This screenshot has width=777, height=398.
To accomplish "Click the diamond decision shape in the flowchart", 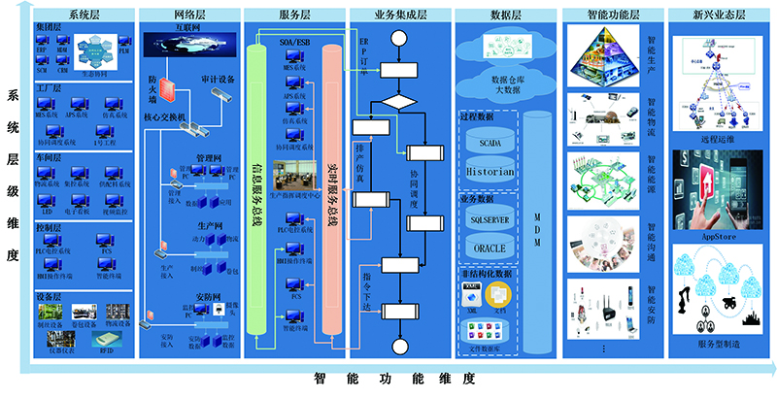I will [398, 103].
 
